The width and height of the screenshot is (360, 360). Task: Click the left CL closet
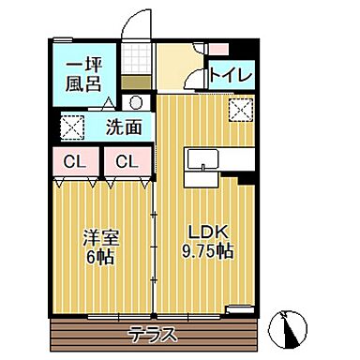76,161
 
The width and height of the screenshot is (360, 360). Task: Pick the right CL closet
127,161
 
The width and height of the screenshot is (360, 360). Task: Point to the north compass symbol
289,327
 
